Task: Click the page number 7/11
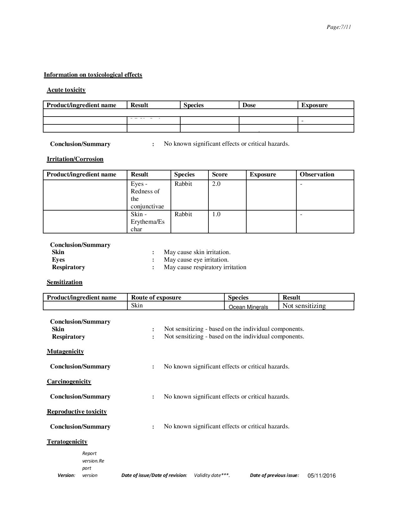[x=339, y=27]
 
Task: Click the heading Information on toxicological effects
[x=93, y=75]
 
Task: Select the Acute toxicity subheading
[x=66, y=90]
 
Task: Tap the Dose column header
[x=249, y=105]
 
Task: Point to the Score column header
[x=220, y=175]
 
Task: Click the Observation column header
[x=317, y=175]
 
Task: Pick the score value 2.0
[x=216, y=184]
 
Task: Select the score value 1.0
[x=216, y=214]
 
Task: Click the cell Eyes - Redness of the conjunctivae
[x=147, y=195]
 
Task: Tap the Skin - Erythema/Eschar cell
[x=147, y=222]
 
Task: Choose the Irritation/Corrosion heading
[x=75, y=159]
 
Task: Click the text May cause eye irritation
[x=196, y=260]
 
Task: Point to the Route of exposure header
[x=156, y=298]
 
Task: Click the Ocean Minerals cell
[x=248, y=307]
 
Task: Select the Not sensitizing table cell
[x=304, y=306]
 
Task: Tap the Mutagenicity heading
[x=65, y=352]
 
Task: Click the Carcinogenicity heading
[x=69, y=382]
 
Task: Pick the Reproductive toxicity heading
[x=77, y=412]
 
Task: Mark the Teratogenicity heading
[x=67, y=442]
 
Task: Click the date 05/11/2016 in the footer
[x=322, y=476]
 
